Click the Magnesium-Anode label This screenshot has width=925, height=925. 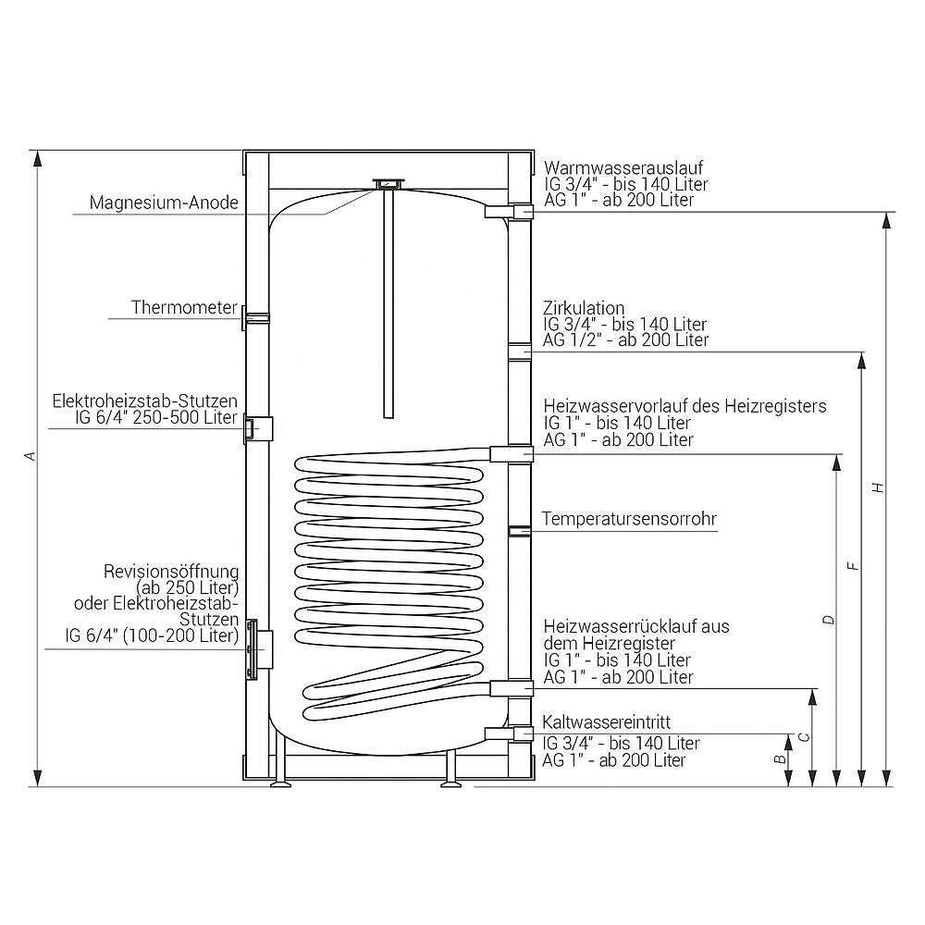[x=164, y=203]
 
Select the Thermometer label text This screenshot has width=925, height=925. [x=184, y=307]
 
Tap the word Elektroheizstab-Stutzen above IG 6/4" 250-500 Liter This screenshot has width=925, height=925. [x=144, y=401]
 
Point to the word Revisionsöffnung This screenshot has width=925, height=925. [x=171, y=571]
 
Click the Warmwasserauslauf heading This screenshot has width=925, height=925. [x=623, y=167]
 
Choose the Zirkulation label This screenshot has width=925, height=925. [x=584, y=307]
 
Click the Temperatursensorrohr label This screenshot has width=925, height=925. [x=629, y=519]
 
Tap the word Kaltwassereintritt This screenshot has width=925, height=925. [x=607, y=722]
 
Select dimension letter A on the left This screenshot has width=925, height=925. [x=31, y=456]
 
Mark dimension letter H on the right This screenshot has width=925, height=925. [x=879, y=487]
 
